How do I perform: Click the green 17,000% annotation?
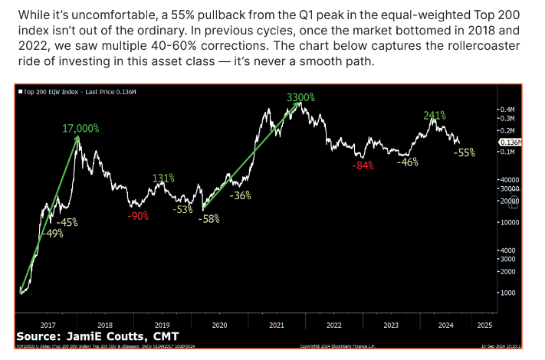pyautogui.click(x=80, y=128)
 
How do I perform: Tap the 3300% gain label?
pyautogui.click(x=300, y=98)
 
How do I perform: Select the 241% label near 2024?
pyautogui.click(x=435, y=116)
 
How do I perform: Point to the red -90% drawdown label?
pyautogui.click(x=138, y=217)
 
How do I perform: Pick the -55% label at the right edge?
pyautogui.click(x=464, y=152)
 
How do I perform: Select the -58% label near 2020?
pyautogui.click(x=208, y=219)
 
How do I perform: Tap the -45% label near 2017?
pyautogui.click(x=67, y=222)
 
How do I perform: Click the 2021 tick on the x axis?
pyautogui.click(x=277, y=324)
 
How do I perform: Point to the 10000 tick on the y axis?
pyautogui.click(x=508, y=222)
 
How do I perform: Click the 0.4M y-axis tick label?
pyautogui.click(x=507, y=110)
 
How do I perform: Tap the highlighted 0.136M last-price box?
pyautogui.click(x=510, y=142)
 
